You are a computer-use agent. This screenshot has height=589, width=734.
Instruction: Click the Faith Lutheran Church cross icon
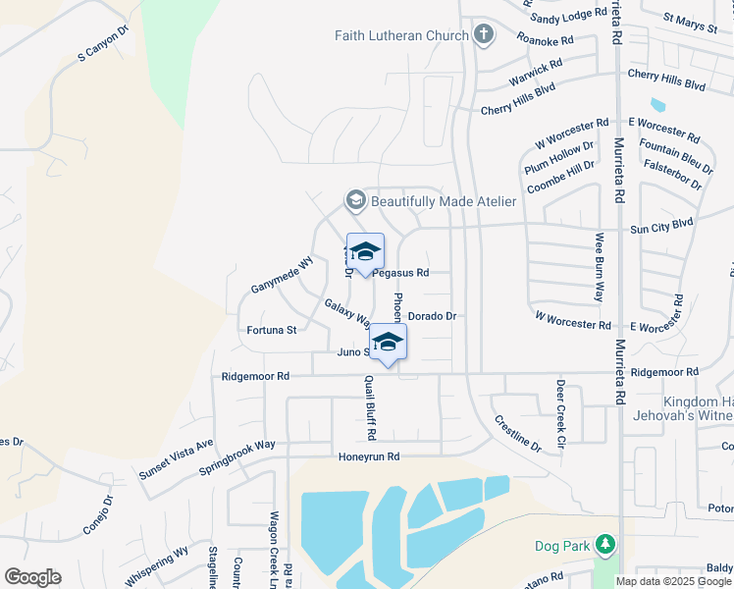tap(483, 36)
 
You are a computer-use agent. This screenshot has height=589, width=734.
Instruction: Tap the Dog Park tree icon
tap(605, 544)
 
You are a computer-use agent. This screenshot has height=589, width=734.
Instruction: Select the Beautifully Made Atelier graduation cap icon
tap(355, 201)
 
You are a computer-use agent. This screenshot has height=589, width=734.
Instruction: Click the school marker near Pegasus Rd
tap(365, 252)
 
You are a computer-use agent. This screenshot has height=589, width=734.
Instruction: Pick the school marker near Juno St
tap(388, 343)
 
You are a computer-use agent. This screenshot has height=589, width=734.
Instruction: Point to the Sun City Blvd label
tap(661, 224)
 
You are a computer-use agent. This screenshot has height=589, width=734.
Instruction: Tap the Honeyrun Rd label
tap(369, 456)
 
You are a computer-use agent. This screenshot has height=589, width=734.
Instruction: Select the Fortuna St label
tap(271, 331)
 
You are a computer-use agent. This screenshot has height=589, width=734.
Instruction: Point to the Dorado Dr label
tap(432, 316)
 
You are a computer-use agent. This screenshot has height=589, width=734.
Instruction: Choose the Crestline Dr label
tap(517, 433)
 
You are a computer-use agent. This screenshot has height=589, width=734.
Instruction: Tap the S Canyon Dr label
tap(103, 44)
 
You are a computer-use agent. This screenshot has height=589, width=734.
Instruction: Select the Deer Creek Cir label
tap(561, 408)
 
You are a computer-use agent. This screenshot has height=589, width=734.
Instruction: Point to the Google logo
tap(32, 577)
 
